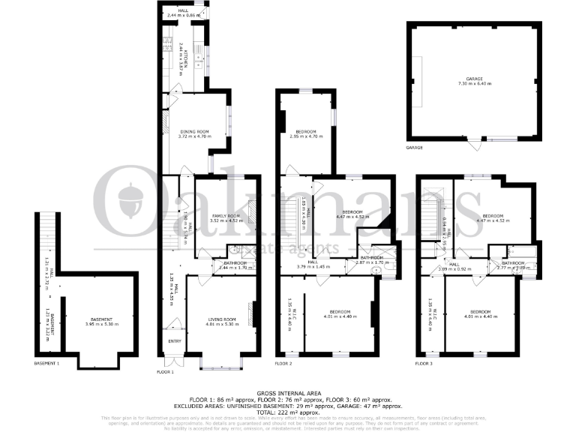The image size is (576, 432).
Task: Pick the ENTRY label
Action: (x=175, y=341)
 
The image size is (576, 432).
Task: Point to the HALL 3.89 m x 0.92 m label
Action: (x=454, y=265)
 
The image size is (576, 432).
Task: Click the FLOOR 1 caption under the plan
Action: (x=165, y=372)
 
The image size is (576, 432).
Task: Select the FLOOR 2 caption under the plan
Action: (x=283, y=364)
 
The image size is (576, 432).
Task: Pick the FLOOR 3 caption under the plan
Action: (x=424, y=364)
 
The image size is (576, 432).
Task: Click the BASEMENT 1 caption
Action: (x=46, y=364)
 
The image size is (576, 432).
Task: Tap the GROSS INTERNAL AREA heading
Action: (x=288, y=392)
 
